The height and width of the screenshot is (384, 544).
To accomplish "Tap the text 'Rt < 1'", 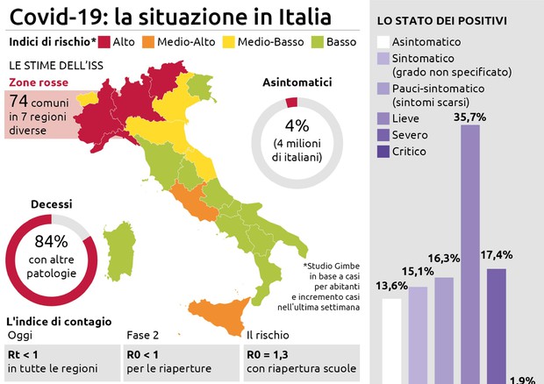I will (x=24, y=354).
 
